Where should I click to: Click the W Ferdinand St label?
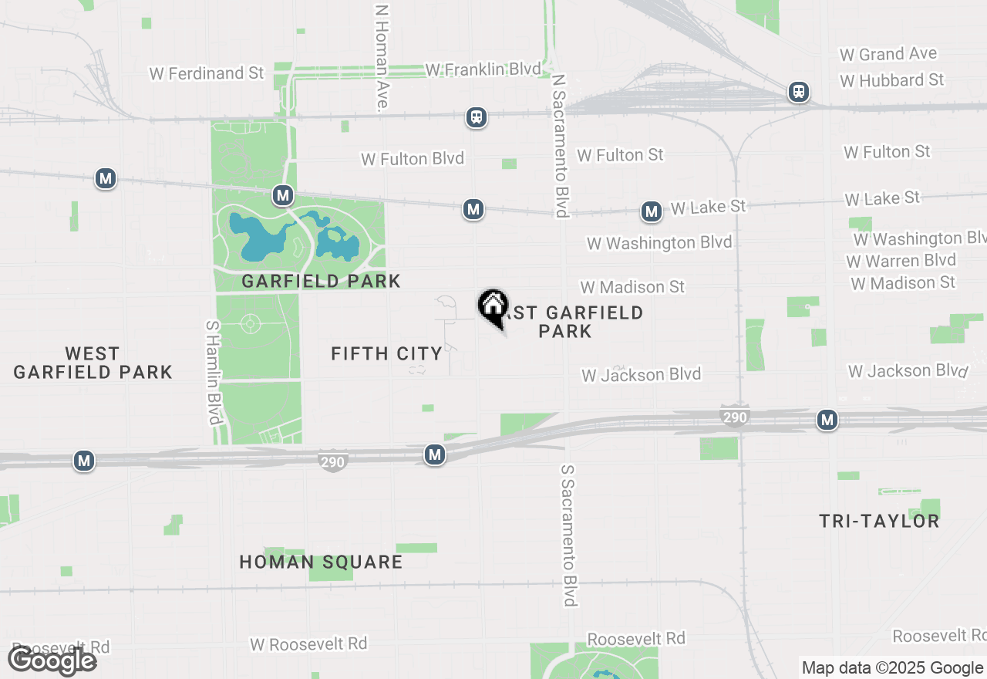207,73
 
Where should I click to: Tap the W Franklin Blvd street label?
483,69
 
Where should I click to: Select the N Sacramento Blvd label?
561,146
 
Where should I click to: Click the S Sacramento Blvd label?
569,535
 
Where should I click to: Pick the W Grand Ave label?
888,54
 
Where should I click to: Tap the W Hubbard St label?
892,80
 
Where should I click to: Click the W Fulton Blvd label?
413,159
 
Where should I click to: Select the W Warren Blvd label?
901,261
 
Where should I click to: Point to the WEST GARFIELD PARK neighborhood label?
93,363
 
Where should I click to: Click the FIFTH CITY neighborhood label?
386,353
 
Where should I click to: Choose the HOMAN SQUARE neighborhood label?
321,562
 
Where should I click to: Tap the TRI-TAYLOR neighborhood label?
879,521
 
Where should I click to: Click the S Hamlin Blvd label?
214,372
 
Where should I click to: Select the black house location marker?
493,306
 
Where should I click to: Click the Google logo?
52,660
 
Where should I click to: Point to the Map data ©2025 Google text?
891,668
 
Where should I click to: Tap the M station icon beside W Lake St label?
652,211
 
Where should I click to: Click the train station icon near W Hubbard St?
799,92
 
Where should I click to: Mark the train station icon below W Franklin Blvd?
477,117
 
